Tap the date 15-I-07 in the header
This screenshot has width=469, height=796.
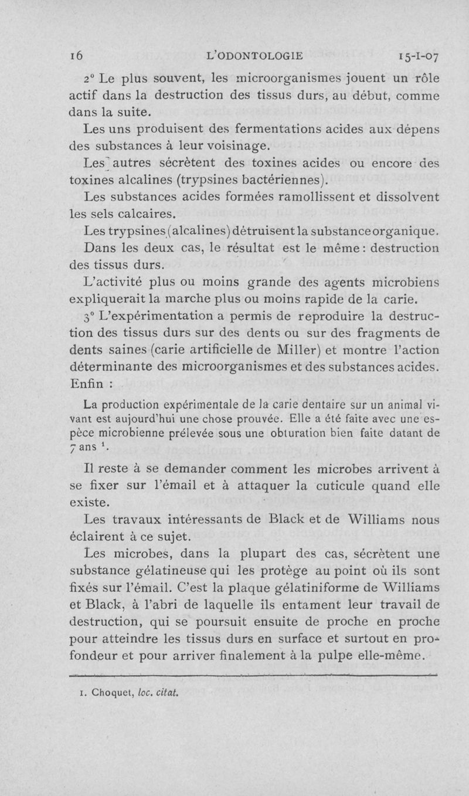coord(414,56)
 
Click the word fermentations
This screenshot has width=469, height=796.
coord(242,127)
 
